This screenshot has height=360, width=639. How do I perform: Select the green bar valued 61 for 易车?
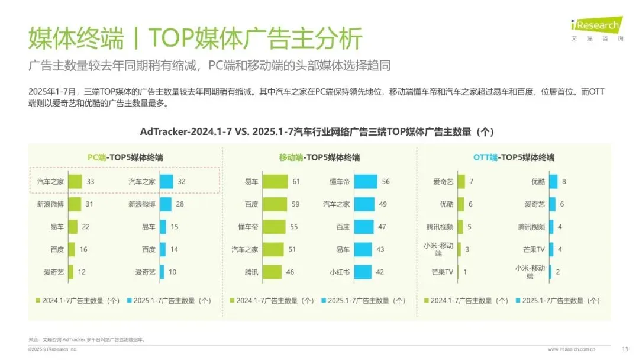[x=275, y=182]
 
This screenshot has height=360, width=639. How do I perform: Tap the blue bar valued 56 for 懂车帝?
[x=366, y=182]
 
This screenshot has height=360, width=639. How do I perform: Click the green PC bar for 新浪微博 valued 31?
[x=75, y=204]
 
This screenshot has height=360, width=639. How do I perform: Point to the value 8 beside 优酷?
[x=564, y=182]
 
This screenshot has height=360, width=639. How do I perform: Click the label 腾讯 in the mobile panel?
[x=251, y=272]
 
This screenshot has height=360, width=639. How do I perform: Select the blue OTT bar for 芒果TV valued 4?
[x=551, y=250]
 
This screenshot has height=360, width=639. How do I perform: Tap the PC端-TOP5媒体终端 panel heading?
[x=125, y=157]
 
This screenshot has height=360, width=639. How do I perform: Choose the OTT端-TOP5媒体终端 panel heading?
[x=514, y=157]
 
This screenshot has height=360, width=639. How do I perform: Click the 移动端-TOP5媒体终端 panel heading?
[x=319, y=157]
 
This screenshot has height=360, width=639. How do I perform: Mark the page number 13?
[x=625, y=348]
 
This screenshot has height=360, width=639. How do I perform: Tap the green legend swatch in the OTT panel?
[x=427, y=301]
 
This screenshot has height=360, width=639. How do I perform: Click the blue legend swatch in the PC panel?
[x=128, y=301]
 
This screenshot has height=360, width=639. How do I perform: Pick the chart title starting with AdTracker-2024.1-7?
[x=317, y=131]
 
